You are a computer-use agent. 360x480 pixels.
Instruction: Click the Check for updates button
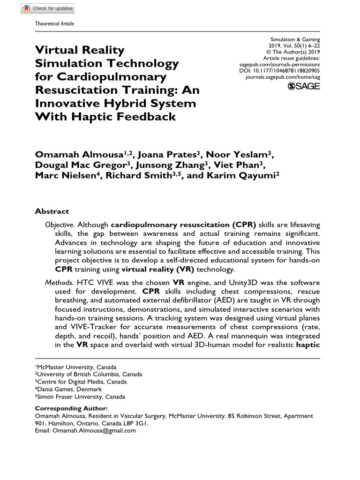point(47,8)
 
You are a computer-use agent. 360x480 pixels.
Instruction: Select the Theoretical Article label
point(55,24)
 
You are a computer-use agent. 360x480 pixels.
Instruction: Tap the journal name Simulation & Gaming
point(295,40)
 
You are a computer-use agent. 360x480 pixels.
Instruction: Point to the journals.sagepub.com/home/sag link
point(283,76)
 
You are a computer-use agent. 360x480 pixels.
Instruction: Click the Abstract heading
point(52,211)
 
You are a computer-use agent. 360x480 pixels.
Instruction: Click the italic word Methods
point(59,283)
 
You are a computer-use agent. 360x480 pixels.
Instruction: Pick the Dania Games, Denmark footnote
point(69,389)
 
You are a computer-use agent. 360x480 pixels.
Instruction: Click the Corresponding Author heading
point(71,408)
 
